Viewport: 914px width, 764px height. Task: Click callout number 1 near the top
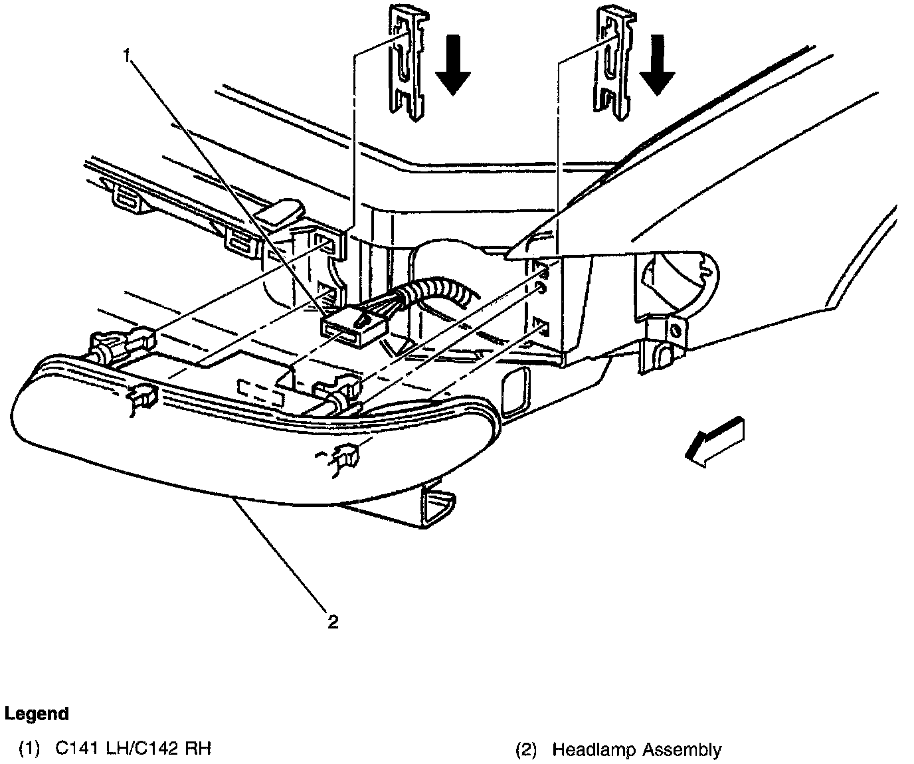[127, 56]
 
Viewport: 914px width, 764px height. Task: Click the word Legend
[37, 714]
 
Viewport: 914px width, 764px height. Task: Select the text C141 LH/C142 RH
[133, 749]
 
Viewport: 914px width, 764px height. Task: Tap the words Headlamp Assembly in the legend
[636, 750]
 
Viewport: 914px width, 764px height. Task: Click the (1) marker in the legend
[29, 749]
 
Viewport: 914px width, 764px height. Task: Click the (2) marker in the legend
[526, 750]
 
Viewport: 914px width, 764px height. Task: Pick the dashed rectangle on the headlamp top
[261, 392]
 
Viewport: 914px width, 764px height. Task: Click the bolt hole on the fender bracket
[676, 330]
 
